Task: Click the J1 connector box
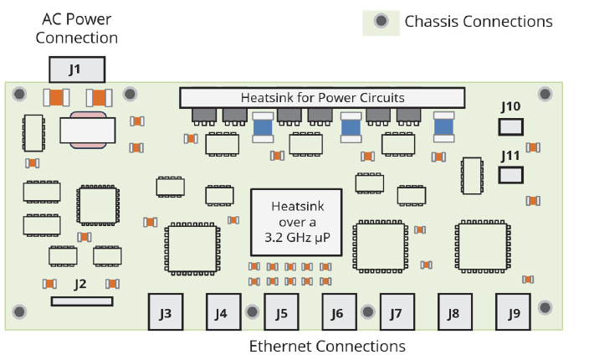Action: tap(76, 69)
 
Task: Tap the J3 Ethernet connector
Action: tap(166, 313)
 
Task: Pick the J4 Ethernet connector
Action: tap(221, 313)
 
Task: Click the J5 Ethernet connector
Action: tap(281, 313)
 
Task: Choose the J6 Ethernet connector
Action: tap(337, 313)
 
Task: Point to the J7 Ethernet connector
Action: tap(396, 313)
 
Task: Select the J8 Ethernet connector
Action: tap(453, 313)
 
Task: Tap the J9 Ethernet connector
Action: tap(514, 313)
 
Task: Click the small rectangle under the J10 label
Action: tap(511, 127)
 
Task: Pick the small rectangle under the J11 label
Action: tap(511, 175)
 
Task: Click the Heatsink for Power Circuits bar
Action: tap(322, 98)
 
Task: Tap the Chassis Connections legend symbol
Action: tap(381, 21)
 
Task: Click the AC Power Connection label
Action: tap(76, 28)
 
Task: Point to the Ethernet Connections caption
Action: tap(327, 346)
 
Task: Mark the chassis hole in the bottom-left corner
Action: tap(18, 311)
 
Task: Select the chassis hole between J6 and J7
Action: tap(366, 311)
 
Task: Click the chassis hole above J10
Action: tap(545, 94)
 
